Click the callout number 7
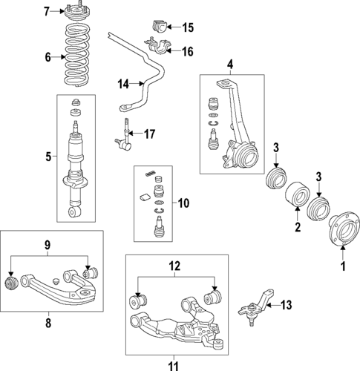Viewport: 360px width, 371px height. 46,11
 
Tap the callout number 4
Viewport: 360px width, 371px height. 229,66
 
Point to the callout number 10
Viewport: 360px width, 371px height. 183,201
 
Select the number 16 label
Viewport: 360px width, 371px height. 188,51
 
